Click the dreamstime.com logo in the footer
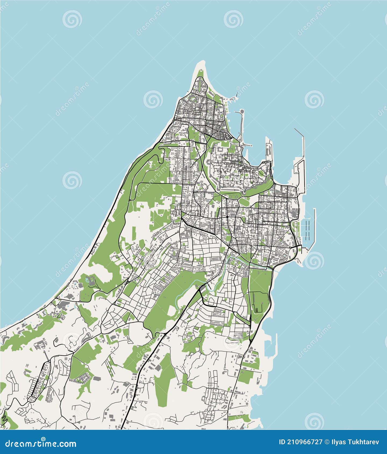click(x=41, y=444)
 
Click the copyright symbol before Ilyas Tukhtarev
click(x=327, y=442)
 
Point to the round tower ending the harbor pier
click(x=242, y=111)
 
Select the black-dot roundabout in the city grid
click(x=227, y=216)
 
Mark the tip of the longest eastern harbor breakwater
click(x=295, y=129)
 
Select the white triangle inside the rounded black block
click(x=227, y=136)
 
